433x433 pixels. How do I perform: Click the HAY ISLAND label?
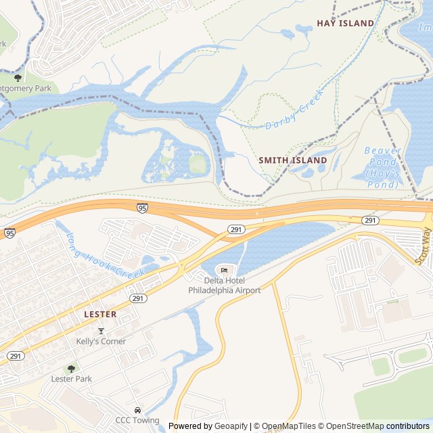point(345,23)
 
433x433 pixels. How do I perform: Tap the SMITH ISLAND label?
point(293,160)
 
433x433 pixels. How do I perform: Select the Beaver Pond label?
point(383,150)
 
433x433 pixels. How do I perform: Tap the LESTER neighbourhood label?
point(100,314)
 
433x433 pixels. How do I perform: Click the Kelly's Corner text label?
point(101,341)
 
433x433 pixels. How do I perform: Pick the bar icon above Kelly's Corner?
point(101,331)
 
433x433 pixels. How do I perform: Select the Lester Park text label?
point(72,378)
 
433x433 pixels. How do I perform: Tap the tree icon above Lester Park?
point(72,368)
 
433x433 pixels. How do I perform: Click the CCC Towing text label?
point(137,420)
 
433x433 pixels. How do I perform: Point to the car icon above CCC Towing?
point(137,410)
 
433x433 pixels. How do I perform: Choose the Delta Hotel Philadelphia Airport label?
point(224,286)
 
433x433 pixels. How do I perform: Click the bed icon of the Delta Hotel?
point(224,271)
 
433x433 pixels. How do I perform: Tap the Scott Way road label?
point(424,245)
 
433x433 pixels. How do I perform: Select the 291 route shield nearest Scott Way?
point(369,221)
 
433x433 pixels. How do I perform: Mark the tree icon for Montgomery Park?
point(18,77)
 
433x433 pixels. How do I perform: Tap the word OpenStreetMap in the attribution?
point(351,426)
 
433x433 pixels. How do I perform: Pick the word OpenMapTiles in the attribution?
point(290,426)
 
